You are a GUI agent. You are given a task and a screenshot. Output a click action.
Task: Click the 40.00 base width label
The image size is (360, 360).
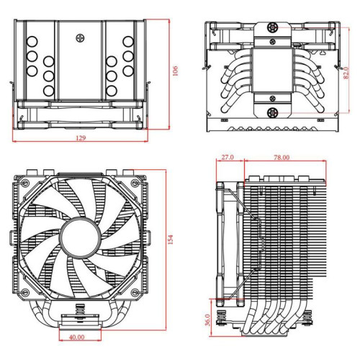click(76, 336)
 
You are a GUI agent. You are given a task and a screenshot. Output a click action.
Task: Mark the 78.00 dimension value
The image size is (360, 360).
click(282, 156)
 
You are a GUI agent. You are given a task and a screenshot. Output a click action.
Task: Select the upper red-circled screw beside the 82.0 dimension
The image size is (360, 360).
click(273, 30)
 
